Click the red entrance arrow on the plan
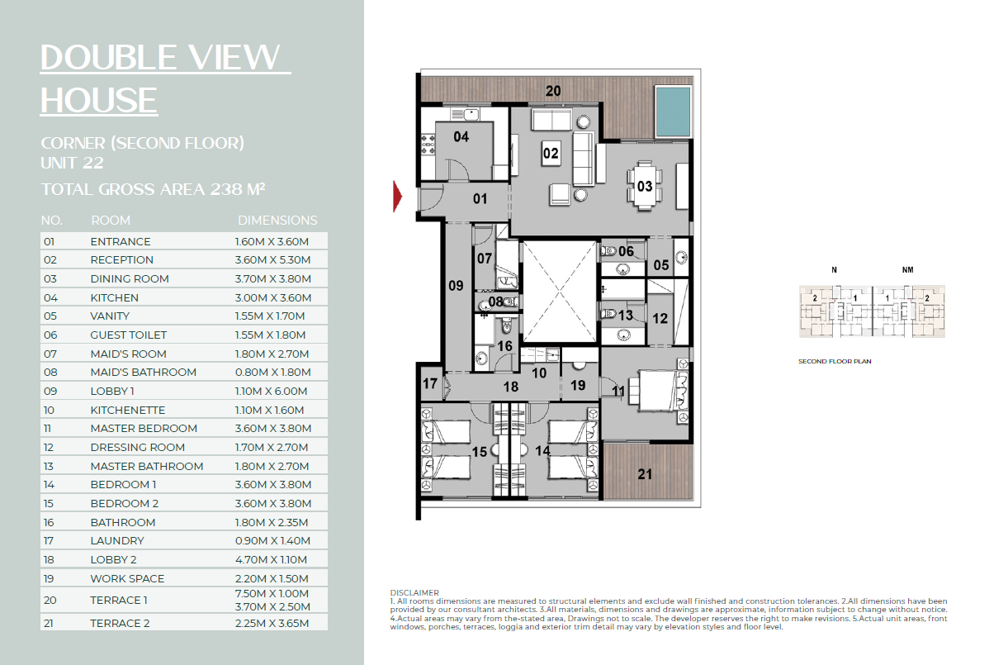coord(397,197)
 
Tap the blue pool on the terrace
coord(673,112)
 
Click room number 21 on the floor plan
coord(645,474)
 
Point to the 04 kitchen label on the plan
coord(461,136)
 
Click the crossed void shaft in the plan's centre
coord(560,292)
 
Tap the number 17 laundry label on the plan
coord(430,383)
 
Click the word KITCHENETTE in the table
coord(127,410)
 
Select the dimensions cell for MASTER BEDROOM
coord(273,429)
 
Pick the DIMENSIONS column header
coord(277,221)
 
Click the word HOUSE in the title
coord(99,100)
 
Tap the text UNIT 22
coord(72,163)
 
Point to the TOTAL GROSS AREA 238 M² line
coord(153,189)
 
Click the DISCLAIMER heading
coord(414,592)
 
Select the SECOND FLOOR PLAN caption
coord(835,362)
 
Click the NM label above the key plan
coord(907,270)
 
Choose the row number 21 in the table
coord(49,624)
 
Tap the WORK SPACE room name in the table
coord(127,578)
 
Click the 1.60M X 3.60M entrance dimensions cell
coord(272,242)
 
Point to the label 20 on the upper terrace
coord(553,91)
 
